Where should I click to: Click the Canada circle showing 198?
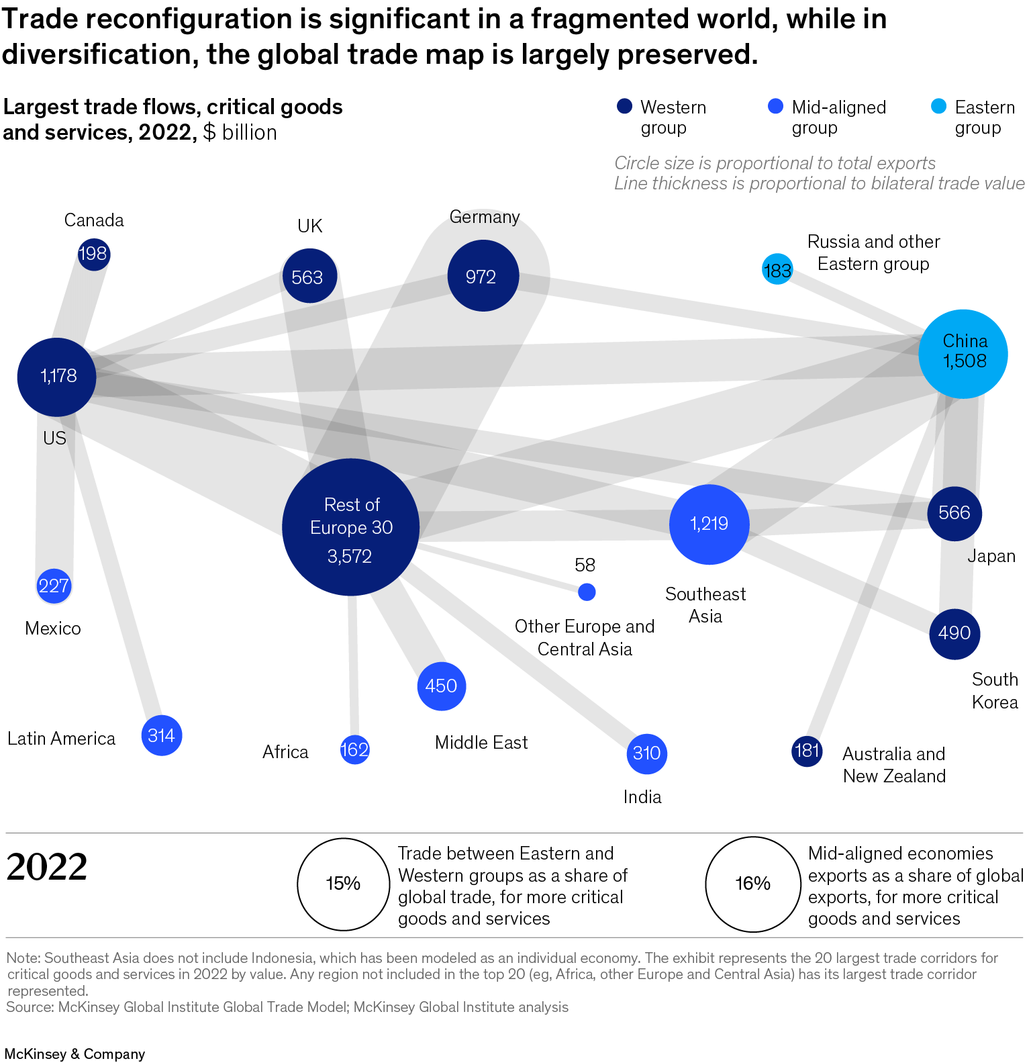(x=93, y=254)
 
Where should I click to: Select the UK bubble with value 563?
(x=309, y=276)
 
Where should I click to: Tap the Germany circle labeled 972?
(x=483, y=276)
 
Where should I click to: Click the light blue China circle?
(x=963, y=354)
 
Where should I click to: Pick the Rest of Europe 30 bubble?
(x=351, y=527)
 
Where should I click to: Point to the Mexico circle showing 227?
(x=54, y=586)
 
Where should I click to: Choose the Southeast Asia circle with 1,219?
(x=709, y=524)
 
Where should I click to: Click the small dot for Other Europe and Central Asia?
(x=587, y=592)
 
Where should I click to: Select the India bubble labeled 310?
(x=646, y=753)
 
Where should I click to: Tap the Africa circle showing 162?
(x=354, y=749)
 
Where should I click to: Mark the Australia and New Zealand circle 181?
(x=807, y=751)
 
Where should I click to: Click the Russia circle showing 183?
(x=777, y=270)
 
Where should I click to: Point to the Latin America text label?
(x=61, y=739)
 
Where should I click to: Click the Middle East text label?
(x=481, y=743)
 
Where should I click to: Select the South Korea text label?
(x=995, y=690)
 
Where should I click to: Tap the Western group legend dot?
(x=624, y=107)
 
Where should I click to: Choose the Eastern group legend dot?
(x=938, y=107)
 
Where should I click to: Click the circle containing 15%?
(x=344, y=884)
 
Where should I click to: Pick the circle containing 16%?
(x=752, y=884)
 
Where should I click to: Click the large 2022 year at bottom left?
(x=47, y=867)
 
